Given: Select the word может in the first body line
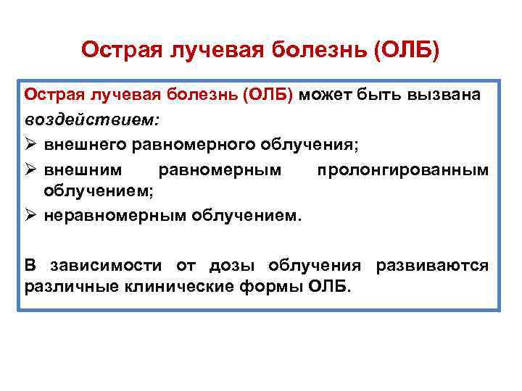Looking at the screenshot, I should click(326, 96).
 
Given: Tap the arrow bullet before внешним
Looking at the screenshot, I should click(31, 169).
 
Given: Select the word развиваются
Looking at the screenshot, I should click(432, 265).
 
